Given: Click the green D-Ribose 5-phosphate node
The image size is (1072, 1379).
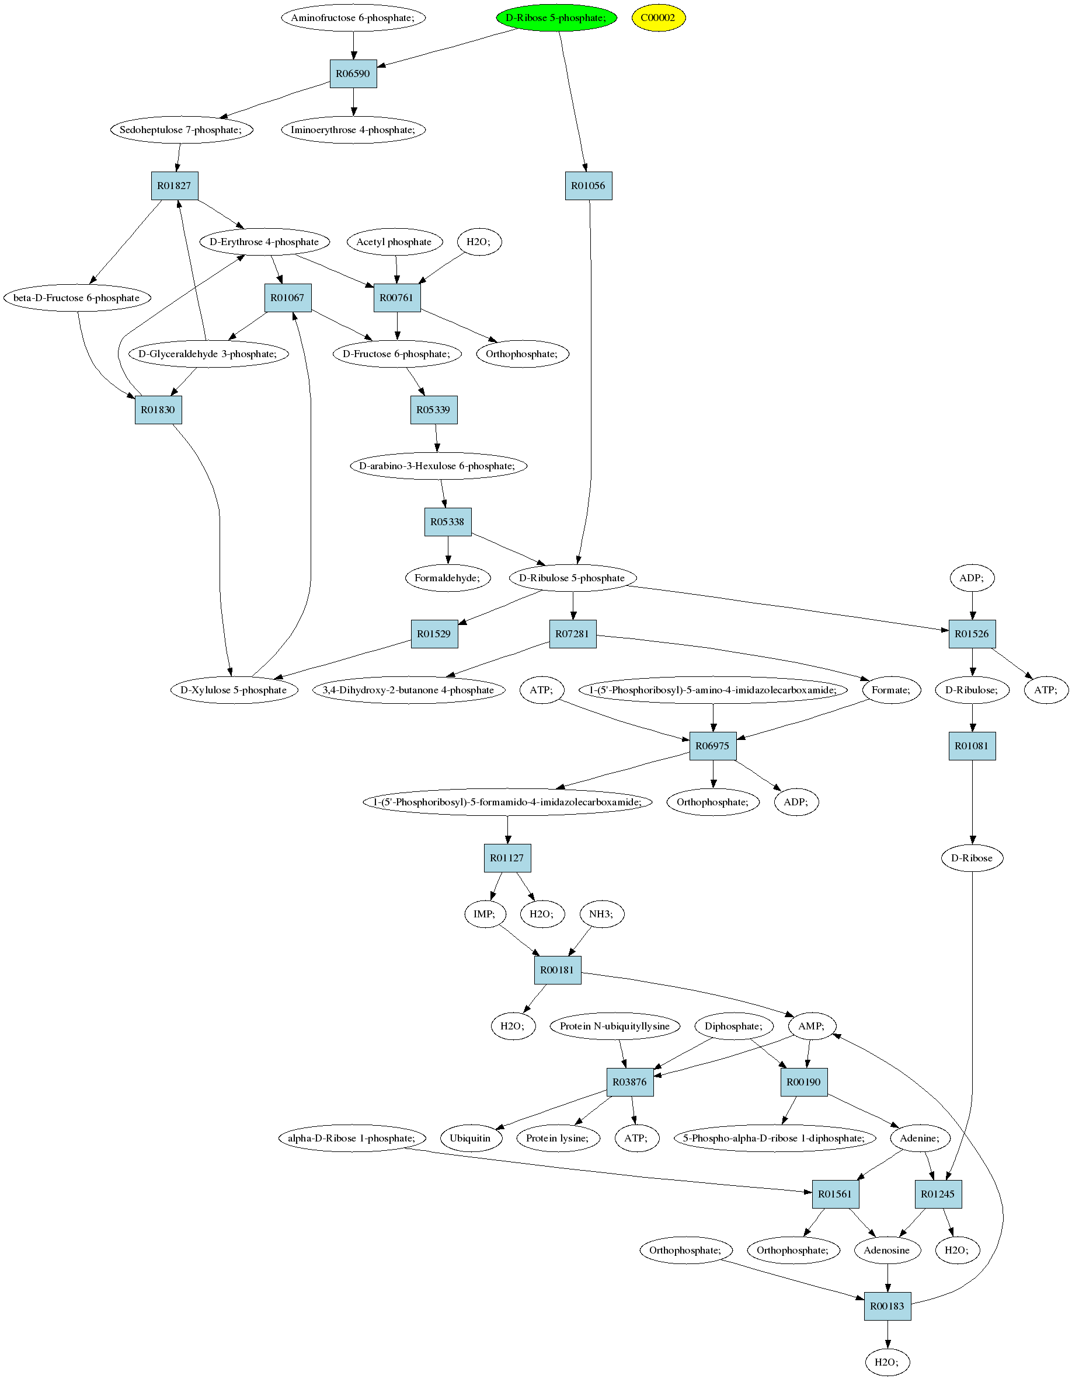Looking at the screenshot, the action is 556,18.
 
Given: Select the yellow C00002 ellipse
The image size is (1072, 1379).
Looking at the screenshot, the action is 658,18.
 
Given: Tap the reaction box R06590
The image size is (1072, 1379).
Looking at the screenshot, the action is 353,74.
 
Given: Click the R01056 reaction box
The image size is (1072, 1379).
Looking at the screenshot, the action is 588,186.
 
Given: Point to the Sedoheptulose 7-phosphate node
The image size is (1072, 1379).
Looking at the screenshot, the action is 182,130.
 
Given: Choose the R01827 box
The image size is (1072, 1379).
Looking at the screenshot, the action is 175,186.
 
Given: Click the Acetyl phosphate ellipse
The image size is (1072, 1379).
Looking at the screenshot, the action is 394,242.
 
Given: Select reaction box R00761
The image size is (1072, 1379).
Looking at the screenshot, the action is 396,298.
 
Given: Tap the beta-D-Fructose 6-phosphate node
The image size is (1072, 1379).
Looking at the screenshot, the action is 77,298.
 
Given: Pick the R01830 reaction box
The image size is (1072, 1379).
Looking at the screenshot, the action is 158,410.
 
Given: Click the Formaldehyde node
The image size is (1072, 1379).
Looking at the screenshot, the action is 448,578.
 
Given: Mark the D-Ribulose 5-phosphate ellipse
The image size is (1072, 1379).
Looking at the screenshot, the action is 572,578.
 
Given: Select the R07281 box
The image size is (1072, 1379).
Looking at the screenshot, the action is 572,634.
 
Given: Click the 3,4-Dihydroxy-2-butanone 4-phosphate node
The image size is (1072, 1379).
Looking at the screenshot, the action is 409,690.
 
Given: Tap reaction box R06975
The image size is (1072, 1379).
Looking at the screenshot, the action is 712,746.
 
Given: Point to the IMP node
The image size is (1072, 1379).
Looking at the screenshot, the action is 485,914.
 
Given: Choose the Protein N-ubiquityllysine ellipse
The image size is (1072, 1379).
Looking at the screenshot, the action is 615,1026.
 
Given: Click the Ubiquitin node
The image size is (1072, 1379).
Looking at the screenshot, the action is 471,1138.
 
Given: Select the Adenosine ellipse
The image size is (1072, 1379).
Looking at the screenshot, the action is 887,1250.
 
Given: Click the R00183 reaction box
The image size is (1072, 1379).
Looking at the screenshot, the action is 887,1307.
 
